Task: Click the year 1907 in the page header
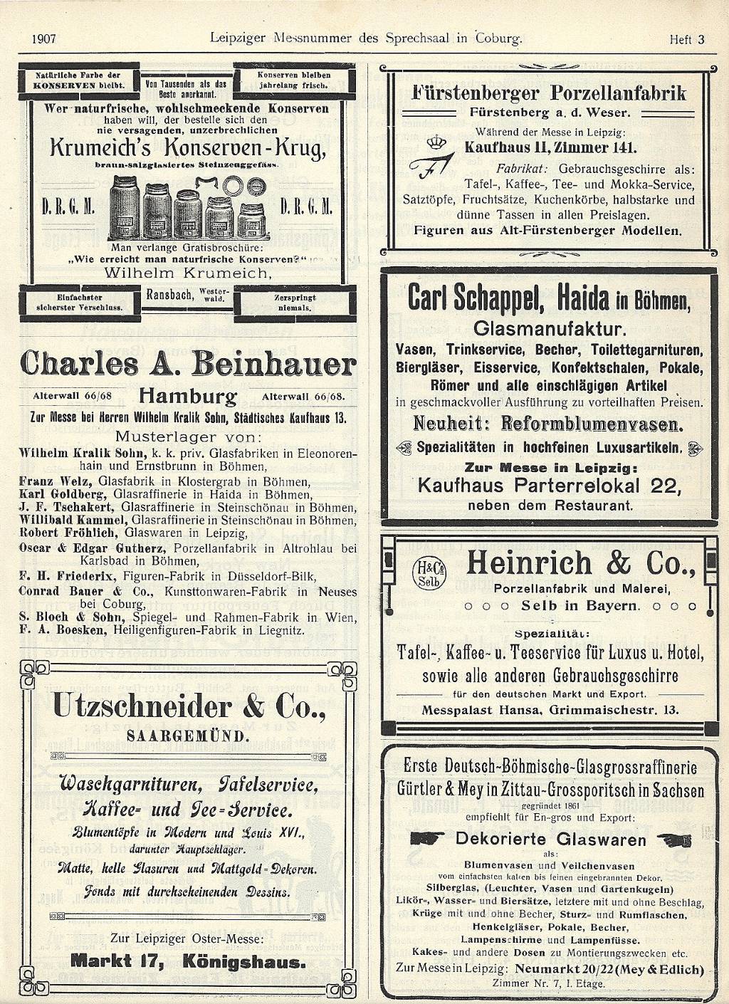[x=44, y=39]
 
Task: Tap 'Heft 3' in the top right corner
[x=686, y=40]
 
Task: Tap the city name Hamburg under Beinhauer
[x=188, y=395]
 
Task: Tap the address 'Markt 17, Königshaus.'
[x=189, y=962]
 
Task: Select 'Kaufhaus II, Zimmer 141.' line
[x=550, y=148]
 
